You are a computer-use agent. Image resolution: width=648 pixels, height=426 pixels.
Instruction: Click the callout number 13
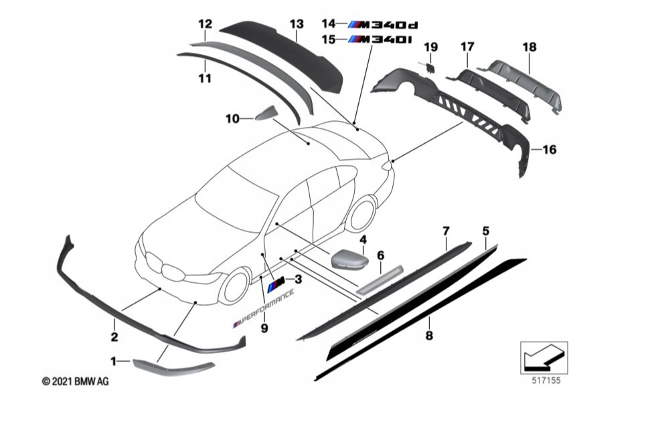pyautogui.click(x=297, y=25)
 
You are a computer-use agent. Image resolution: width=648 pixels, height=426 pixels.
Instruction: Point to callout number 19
pyautogui.click(x=430, y=47)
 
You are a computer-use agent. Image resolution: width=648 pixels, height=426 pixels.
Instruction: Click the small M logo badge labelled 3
pyautogui.click(x=276, y=285)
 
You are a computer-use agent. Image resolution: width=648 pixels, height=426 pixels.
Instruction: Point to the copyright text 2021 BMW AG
pyautogui.click(x=75, y=381)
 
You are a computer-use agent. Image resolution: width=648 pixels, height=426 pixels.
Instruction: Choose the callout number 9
pyautogui.click(x=264, y=328)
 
